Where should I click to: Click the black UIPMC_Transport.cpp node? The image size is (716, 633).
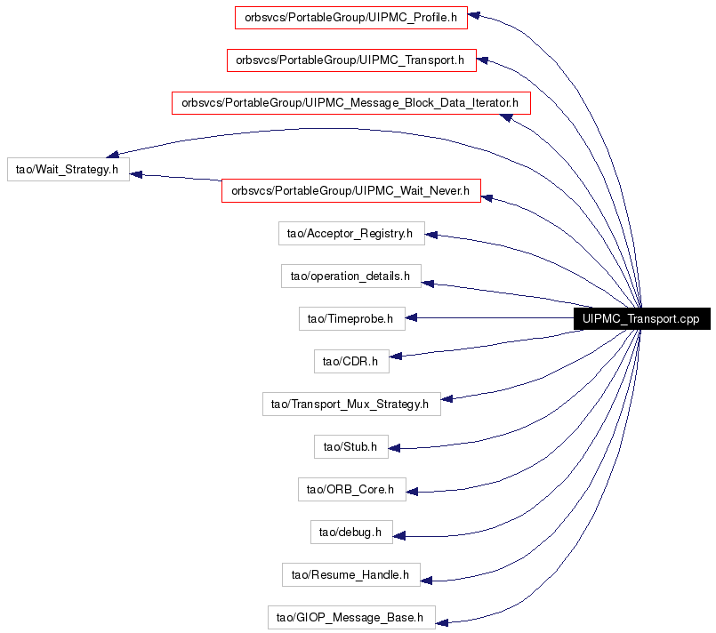click(641, 318)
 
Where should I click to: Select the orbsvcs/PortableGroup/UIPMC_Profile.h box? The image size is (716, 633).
click(351, 18)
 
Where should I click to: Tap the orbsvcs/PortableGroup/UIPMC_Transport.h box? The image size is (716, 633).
click(351, 60)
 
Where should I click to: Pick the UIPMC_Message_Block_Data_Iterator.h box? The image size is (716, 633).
click(351, 103)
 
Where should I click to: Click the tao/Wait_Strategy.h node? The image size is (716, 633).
click(68, 169)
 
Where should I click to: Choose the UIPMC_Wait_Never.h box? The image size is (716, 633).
click(351, 191)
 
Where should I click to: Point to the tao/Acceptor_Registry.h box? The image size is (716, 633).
click(351, 233)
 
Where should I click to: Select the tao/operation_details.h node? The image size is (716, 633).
click(351, 276)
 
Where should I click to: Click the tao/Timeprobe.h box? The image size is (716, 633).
click(352, 318)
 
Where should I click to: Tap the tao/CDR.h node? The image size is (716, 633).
click(351, 362)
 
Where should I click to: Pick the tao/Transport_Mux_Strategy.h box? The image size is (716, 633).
click(351, 404)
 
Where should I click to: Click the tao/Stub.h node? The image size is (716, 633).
click(351, 447)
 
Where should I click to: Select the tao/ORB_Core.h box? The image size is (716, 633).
click(352, 489)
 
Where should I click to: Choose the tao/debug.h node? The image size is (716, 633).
click(351, 533)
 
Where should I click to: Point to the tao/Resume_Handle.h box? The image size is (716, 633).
click(351, 574)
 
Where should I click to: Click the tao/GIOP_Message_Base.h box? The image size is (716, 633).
click(351, 618)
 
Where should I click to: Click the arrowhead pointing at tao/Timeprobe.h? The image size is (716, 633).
click(411, 317)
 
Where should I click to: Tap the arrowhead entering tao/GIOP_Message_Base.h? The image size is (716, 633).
click(441, 622)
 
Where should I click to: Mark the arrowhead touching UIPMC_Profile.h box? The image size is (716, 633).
click(473, 15)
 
